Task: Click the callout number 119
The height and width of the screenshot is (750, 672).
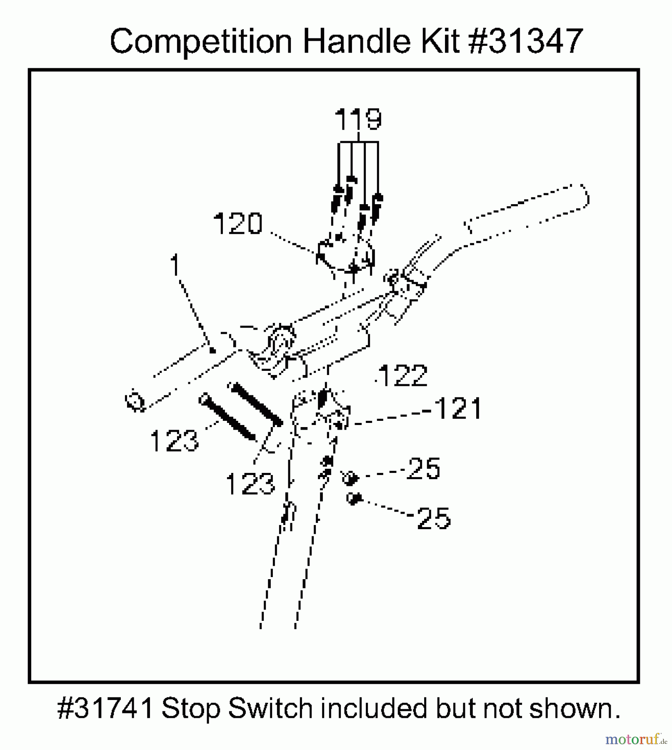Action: click(358, 119)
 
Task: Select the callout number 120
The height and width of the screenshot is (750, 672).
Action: click(238, 223)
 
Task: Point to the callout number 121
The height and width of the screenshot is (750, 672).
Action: click(458, 408)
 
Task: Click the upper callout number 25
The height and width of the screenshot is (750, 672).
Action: click(424, 468)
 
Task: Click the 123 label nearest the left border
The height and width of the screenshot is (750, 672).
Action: click(174, 441)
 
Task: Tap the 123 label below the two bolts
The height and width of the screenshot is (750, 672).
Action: click(250, 484)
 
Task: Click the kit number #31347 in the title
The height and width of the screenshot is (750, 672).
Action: click(526, 41)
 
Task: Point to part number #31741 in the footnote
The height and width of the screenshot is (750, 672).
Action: click(106, 708)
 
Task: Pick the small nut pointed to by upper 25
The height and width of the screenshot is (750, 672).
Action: click(350, 478)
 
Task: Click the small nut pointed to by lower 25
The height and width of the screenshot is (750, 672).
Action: click(354, 498)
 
